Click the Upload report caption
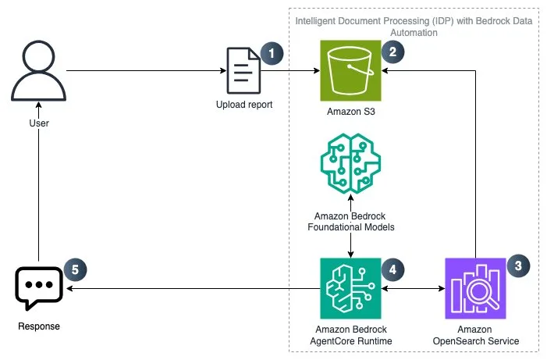click(244, 104)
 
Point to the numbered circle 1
click(272, 53)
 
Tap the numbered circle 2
click(391, 53)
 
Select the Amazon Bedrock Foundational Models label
click(350, 221)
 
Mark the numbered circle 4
click(391, 269)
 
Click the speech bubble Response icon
click(38, 287)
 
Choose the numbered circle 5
click(75, 269)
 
